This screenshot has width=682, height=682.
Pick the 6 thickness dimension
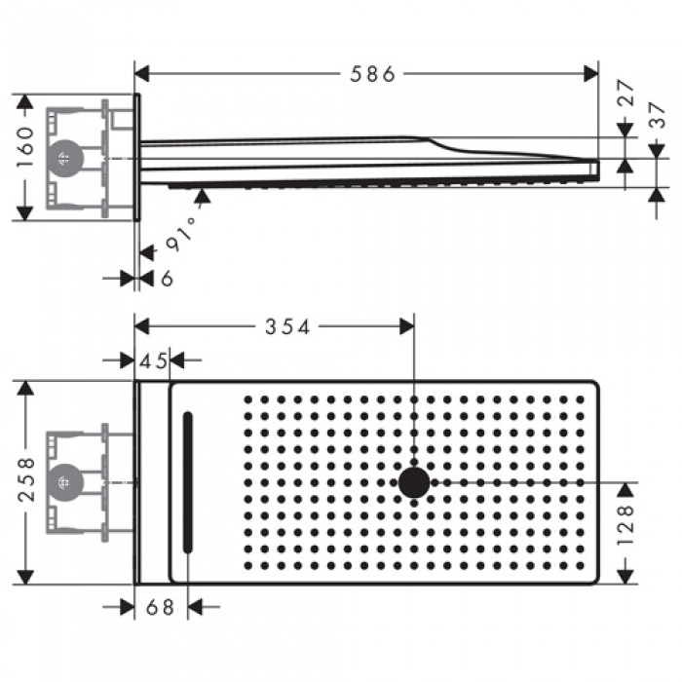coord(167,280)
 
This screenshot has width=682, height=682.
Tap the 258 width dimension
coord(26,481)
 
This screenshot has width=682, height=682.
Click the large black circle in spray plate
coord(414,481)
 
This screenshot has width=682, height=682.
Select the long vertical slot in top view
coord(188,481)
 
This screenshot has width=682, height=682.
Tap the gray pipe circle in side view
coord(64,158)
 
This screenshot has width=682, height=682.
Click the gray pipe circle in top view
coord(64,481)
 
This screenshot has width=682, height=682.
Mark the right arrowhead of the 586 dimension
coord(591,74)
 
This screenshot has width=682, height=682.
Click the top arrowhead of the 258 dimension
coord(26,387)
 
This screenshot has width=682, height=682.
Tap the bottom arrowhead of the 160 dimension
coord(25,213)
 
